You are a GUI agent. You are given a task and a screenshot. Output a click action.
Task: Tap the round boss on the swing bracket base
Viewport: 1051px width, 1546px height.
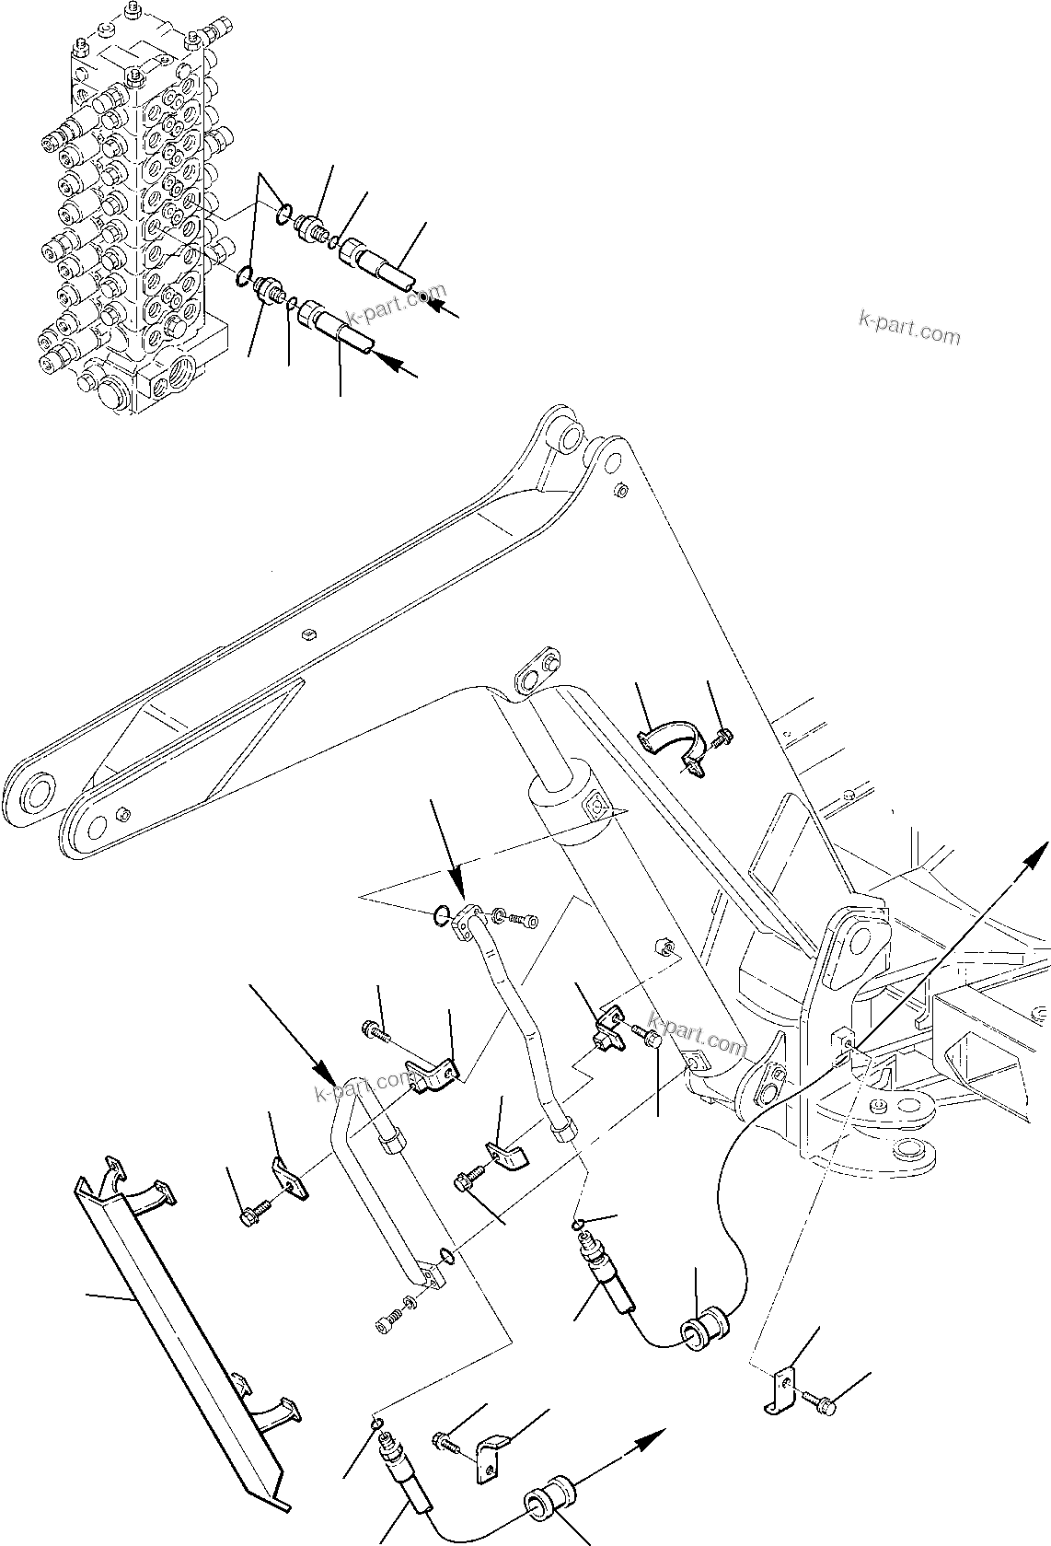(x=911, y=1152)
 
